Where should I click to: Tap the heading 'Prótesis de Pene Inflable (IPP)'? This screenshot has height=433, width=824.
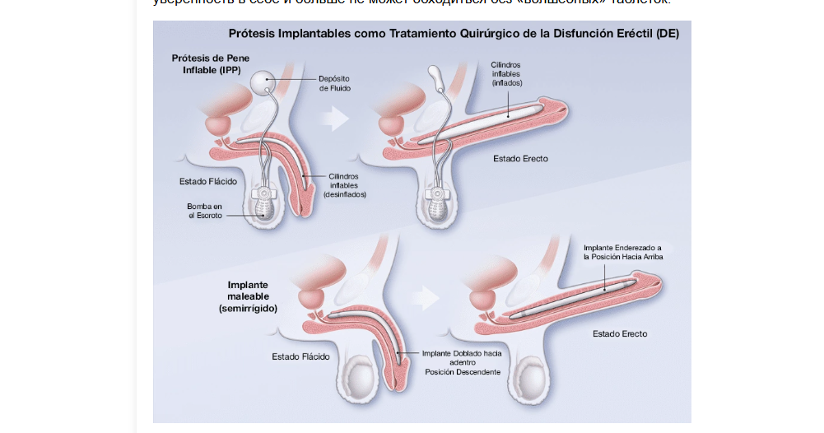tap(211, 63)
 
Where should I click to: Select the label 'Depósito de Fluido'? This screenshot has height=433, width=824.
tap(336, 83)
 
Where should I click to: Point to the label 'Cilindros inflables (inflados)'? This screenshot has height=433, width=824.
tap(505, 73)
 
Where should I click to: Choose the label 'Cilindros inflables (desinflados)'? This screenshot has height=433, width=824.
tap(343, 185)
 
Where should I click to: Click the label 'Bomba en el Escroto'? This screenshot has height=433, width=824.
tap(205, 210)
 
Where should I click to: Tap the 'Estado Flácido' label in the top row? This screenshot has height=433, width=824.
tap(208, 181)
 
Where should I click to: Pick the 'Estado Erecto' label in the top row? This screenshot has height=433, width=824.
tap(520, 158)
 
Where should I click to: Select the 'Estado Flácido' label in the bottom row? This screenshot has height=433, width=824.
tap(301, 356)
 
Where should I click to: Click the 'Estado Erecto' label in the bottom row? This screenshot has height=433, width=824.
tap(620, 334)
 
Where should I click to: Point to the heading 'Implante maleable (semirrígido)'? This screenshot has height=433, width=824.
tap(248, 296)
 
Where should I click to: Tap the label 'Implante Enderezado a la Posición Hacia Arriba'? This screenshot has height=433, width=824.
tap(622, 252)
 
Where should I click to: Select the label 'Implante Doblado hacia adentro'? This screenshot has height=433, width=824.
tap(461, 357)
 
